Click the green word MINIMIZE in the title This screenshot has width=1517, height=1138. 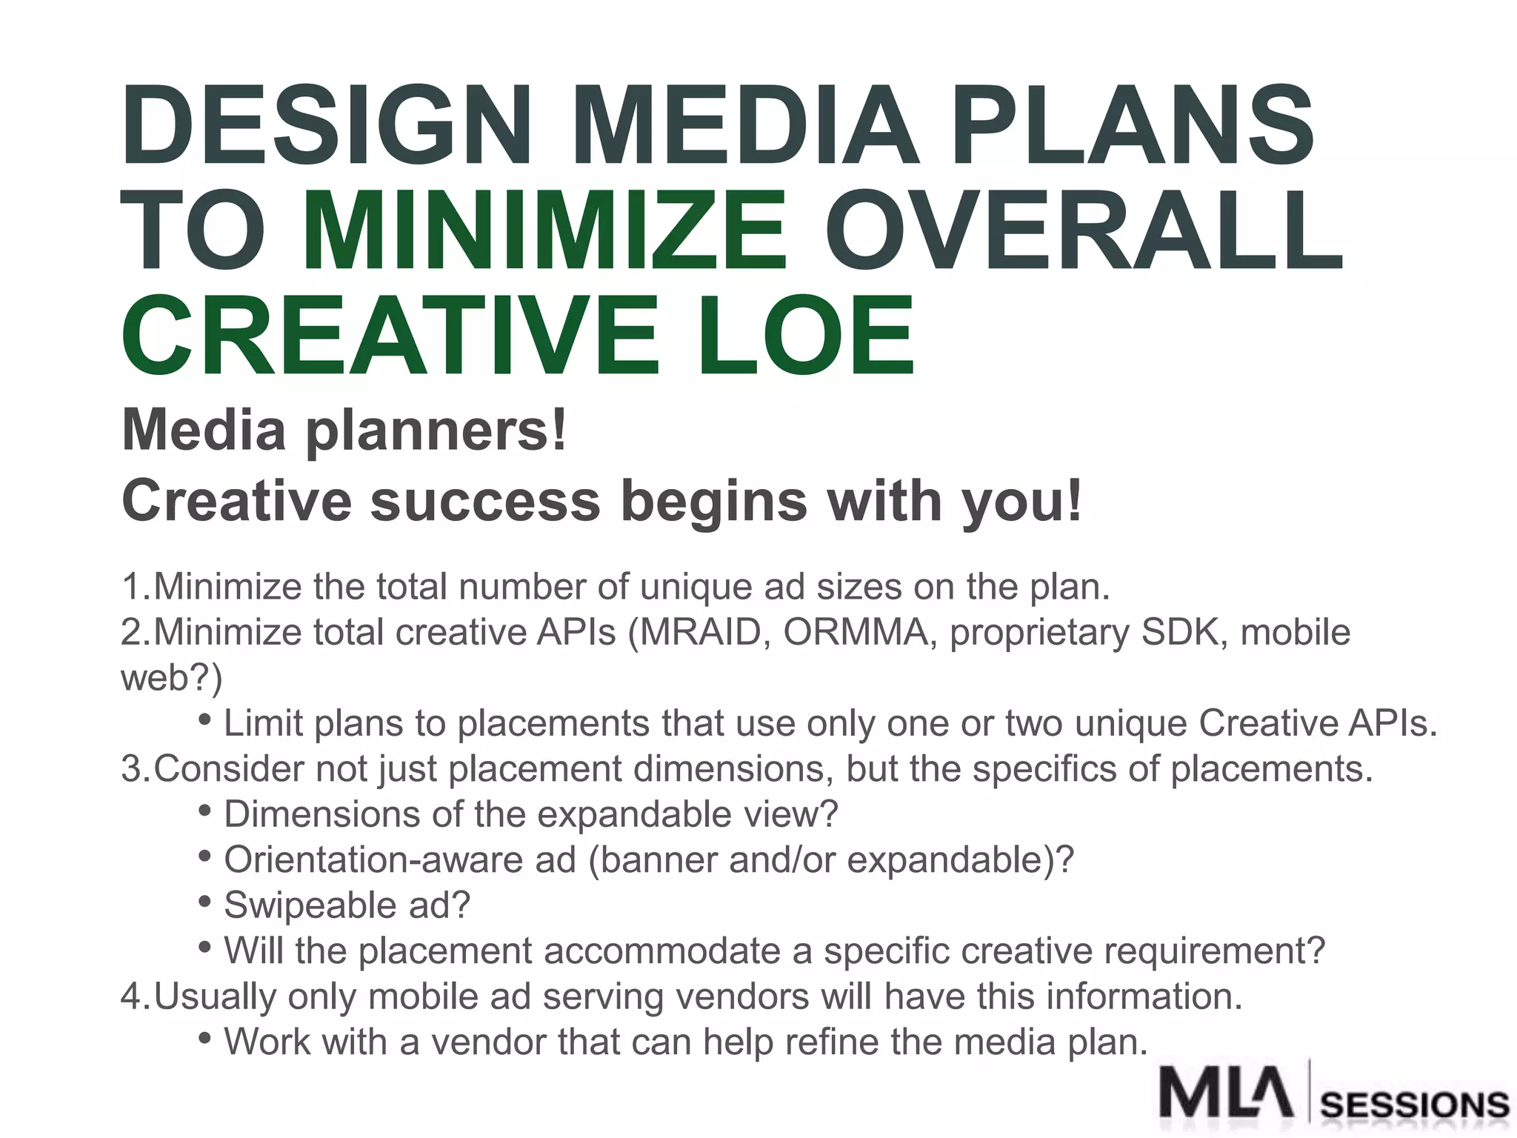click(x=544, y=230)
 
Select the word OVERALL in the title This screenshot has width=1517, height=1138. click(x=1084, y=230)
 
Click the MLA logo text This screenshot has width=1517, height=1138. click(x=1226, y=1091)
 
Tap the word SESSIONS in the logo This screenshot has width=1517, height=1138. click(x=1414, y=1105)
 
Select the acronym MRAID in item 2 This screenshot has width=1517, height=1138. click(x=701, y=633)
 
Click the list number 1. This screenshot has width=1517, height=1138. click(x=133, y=588)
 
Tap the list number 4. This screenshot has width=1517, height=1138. click(x=133, y=996)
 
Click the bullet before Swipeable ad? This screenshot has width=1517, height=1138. click(x=205, y=902)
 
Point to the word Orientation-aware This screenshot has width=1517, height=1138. click(x=400, y=860)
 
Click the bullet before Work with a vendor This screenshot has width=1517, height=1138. click(x=205, y=1038)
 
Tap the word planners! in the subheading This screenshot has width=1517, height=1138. click(x=436, y=432)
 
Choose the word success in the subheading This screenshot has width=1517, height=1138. click(x=484, y=501)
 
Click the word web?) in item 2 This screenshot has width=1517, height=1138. click(x=171, y=678)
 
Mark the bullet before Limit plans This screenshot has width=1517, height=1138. click(x=205, y=719)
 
